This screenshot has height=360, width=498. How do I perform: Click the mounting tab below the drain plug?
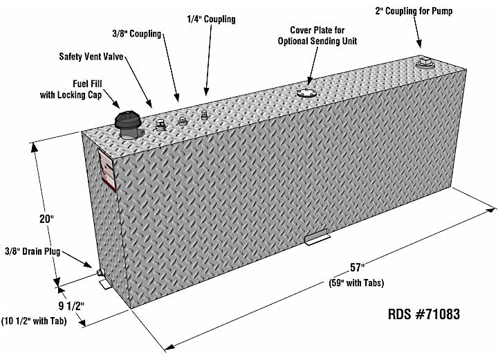[106, 285]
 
